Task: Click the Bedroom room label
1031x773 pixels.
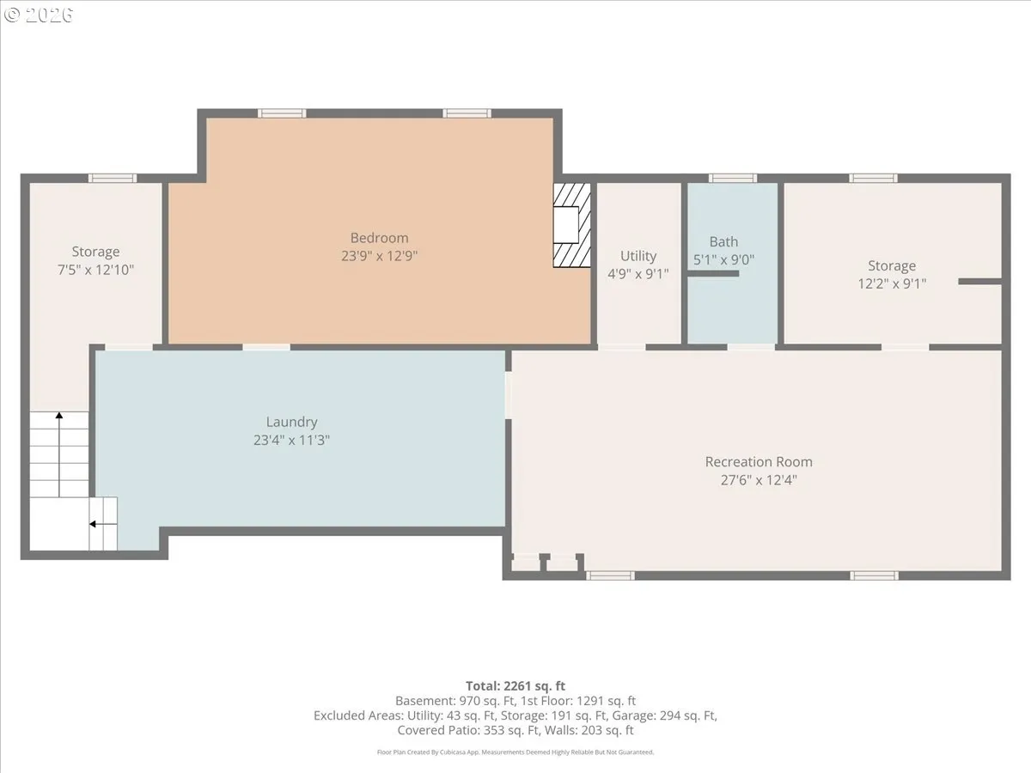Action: [x=379, y=238]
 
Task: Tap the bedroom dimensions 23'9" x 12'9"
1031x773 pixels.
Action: [x=379, y=256]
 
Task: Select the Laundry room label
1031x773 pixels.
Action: [x=291, y=422]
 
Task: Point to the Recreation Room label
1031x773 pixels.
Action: [x=759, y=462]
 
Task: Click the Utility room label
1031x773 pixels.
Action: [x=638, y=256]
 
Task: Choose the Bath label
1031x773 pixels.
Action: [x=723, y=241]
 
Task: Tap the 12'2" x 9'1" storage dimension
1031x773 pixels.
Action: [x=892, y=283]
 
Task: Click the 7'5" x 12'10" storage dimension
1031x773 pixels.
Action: [x=95, y=270]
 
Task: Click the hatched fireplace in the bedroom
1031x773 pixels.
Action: [x=571, y=225]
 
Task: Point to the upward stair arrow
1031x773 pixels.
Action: [x=59, y=454]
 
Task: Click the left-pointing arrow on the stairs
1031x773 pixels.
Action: [x=103, y=524]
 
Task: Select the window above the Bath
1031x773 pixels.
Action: [x=732, y=179]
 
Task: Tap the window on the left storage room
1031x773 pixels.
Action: [x=113, y=179]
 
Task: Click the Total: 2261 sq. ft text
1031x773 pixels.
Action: [x=515, y=685]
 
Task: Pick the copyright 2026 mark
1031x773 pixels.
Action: [x=39, y=15]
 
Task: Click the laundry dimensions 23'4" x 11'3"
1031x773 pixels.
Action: [x=291, y=441]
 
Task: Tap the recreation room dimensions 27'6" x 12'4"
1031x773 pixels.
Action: [x=759, y=480]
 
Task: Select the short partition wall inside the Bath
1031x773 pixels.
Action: [x=713, y=274]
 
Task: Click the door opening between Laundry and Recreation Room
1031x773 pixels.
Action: [x=509, y=395]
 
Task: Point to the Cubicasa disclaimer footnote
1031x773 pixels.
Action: [x=515, y=752]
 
